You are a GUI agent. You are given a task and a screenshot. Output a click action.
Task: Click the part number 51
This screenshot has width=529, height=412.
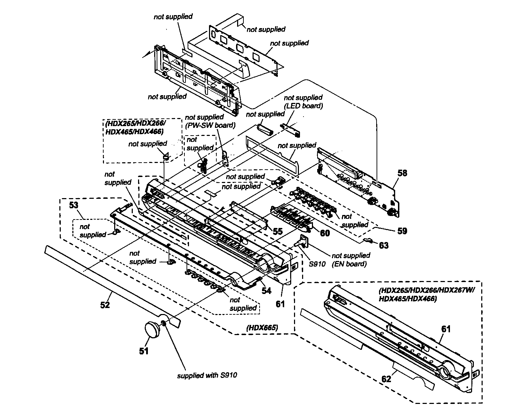[x=144, y=351]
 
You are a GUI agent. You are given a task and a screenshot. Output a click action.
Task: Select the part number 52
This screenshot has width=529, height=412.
[x=105, y=305]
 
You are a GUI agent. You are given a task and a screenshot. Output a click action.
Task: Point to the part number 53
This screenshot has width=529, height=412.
[x=73, y=205]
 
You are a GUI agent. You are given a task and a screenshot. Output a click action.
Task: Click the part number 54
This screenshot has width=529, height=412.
[x=266, y=290]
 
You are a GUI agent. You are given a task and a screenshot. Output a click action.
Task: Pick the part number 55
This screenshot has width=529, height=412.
[x=277, y=231]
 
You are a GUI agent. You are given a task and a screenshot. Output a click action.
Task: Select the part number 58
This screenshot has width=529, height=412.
[x=402, y=173]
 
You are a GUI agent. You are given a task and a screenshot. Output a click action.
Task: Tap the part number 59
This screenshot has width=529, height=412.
[x=402, y=231]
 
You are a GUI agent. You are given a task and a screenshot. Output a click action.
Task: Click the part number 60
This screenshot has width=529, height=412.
[x=325, y=233]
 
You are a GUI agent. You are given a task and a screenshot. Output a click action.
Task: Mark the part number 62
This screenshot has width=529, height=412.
[x=386, y=379]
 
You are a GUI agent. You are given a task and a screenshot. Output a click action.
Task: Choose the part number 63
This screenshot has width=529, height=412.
[x=384, y=245]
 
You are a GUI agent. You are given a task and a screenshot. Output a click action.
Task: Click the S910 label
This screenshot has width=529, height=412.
[x=317, y=264]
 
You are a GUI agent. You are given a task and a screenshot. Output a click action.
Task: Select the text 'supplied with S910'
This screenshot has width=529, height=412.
[x=207, y=375]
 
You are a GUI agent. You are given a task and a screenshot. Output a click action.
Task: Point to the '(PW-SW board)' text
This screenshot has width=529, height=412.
[x=210, y=125]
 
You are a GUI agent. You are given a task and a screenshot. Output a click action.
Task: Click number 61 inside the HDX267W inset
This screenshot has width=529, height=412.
[x=446, y=329]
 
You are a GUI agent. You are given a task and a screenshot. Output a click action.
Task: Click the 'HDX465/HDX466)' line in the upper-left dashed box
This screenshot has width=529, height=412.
[x=134, y=132]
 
